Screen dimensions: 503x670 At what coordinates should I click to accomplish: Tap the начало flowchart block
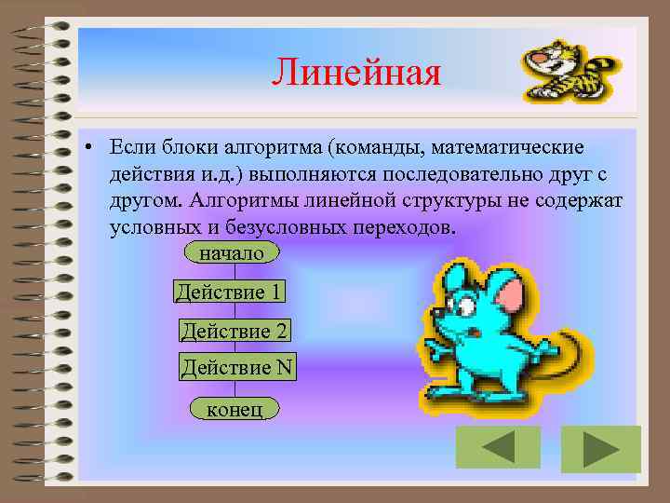coord(232,252)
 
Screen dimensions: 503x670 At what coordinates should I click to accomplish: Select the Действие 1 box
coord(229,292)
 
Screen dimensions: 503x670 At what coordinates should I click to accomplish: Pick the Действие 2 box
coord(234,331)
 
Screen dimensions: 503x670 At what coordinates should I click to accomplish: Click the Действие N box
coord(237,367)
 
